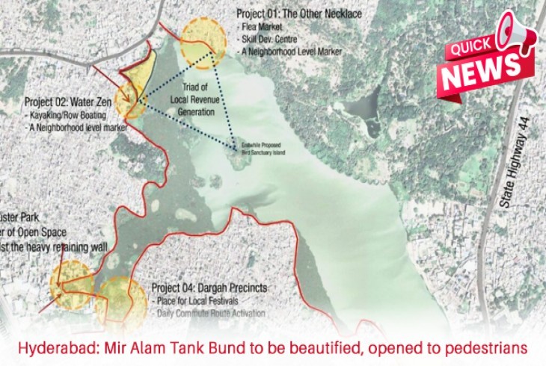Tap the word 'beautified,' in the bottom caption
[308, 348]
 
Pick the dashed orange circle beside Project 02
[133, 99]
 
